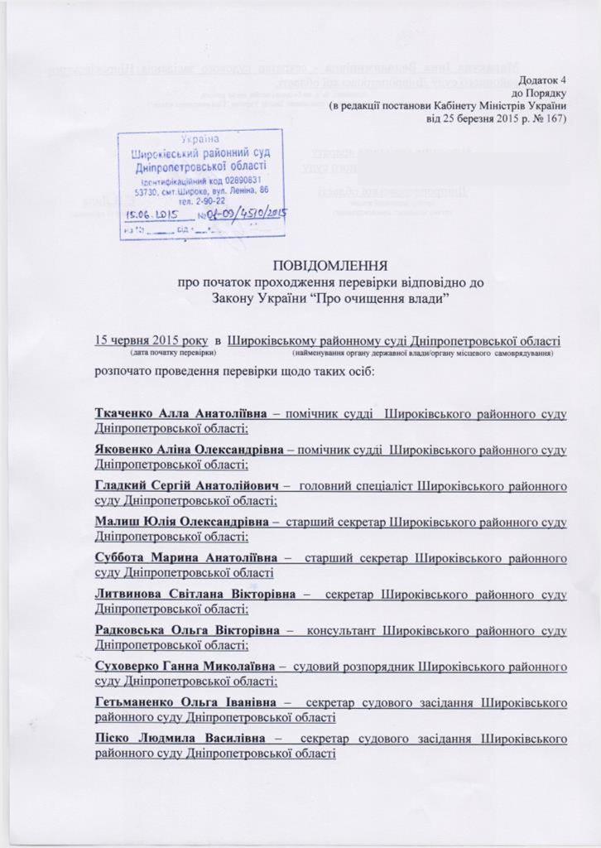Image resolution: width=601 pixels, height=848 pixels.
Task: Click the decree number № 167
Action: [547, 118]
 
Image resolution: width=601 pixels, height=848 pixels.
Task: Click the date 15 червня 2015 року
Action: [152, 340]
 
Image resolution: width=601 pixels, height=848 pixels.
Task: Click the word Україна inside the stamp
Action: [201, 141]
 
